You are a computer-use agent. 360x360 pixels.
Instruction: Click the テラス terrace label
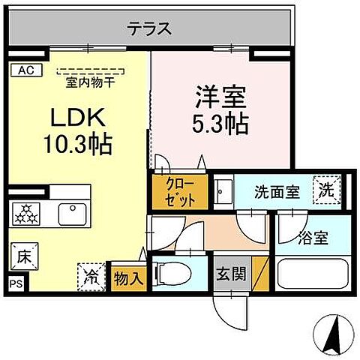(x=149, y=30)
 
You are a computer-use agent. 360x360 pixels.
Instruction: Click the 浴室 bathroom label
(x=313, y=240)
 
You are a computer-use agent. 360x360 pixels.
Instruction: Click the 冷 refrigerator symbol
(x=90, y=276)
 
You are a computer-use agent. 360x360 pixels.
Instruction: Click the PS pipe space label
(x=16, y=283)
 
